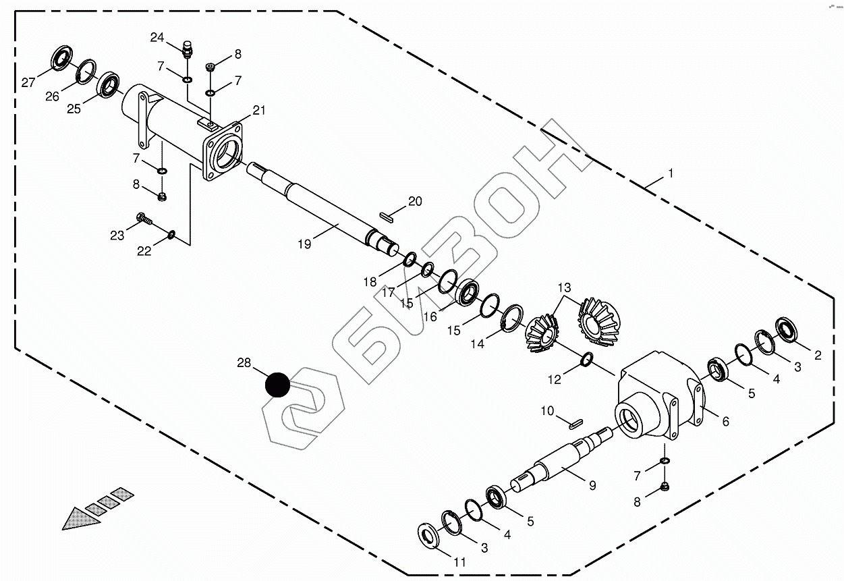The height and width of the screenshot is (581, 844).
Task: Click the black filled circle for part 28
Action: [277, 385]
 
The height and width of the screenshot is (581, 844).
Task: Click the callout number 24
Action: [157, 38]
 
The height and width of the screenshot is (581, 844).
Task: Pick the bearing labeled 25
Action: [109, 84]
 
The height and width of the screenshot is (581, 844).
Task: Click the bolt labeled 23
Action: [144, 219]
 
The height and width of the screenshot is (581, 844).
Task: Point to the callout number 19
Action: [304, 244]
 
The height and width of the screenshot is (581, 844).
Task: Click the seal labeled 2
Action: [787, 329]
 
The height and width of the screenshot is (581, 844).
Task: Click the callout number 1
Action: [671, 173]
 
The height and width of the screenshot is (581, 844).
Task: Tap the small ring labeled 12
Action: [586, 362]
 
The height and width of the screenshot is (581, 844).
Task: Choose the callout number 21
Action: [260, 111]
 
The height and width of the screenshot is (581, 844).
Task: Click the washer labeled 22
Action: [171, 234]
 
